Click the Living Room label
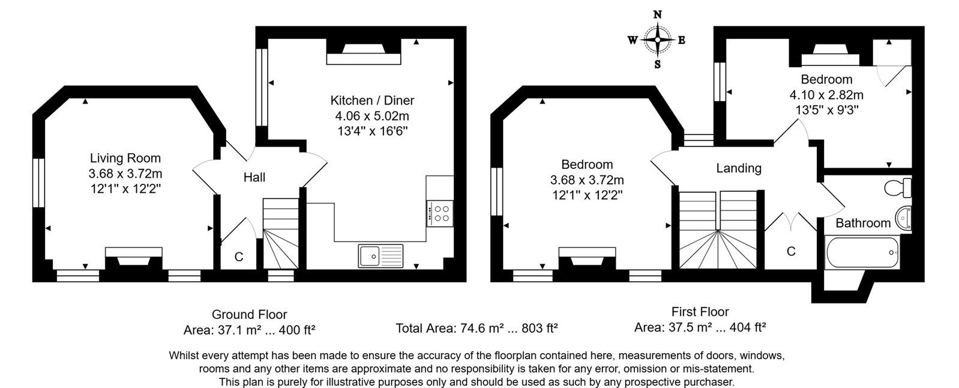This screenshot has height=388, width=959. point(125,159)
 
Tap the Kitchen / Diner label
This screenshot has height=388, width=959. point(372,100)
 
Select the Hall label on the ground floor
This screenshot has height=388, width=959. point(254,177)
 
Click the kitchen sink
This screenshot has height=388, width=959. point(380,256)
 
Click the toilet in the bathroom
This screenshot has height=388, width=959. point(898,187)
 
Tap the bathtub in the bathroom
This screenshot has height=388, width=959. point(862,252)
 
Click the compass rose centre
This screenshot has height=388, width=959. point(657,40)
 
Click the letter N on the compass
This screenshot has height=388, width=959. point(657,15)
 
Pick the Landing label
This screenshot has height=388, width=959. point(738,168)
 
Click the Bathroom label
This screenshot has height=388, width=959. point(862,223)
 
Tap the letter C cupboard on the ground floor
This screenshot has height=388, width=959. point(238,257)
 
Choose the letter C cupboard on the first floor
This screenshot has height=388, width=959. point(790,251)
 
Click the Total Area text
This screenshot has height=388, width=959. point(476,329)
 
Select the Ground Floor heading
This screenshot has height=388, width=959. point(249,314)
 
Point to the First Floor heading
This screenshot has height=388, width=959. point(700,312)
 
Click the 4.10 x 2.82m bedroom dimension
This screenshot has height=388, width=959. point(826,95)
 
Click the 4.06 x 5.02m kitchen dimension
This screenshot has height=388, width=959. point(372,116)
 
